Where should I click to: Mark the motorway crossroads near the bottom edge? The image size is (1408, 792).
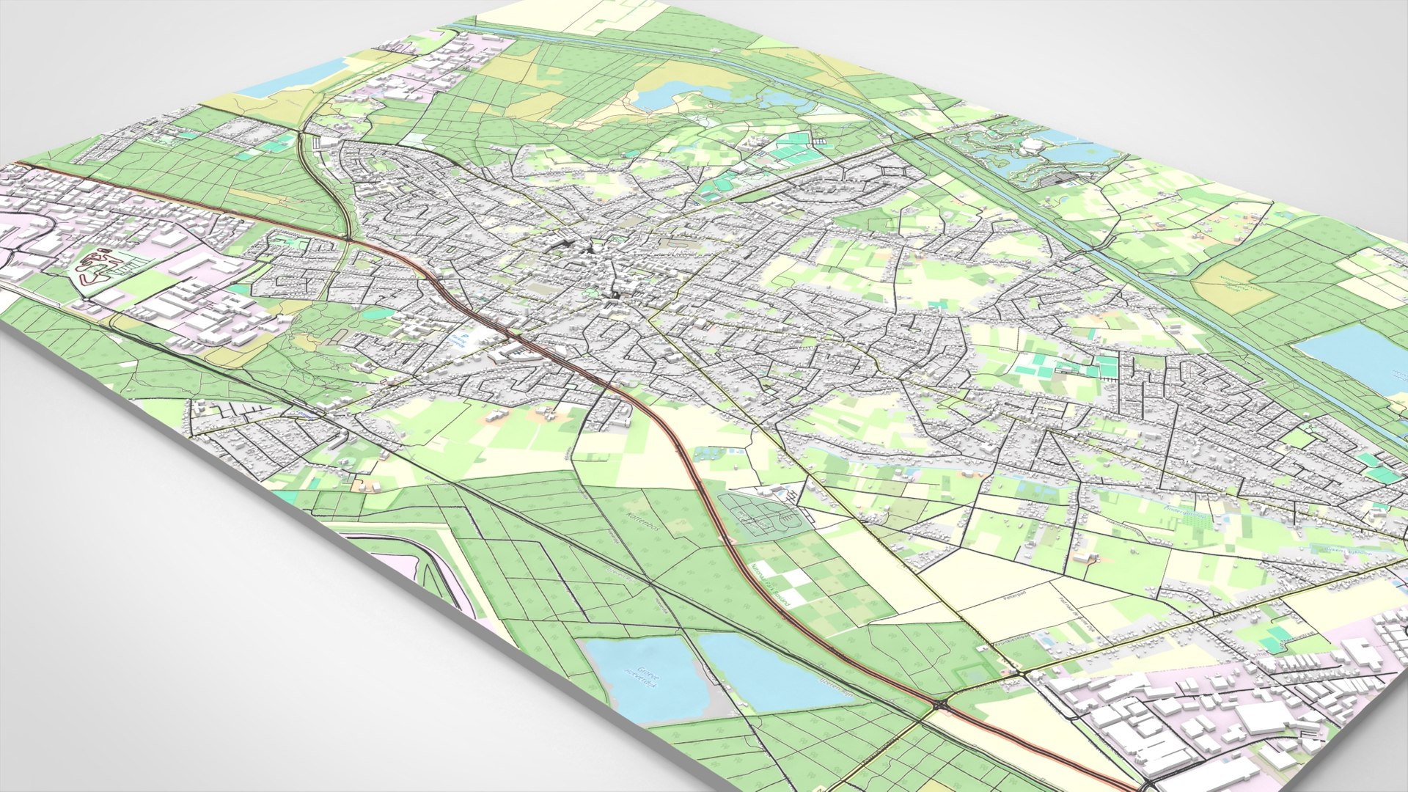pyautogui.click(x=941, y=705)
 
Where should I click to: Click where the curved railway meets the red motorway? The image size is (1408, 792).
pyautogui.click(x=351, y=237)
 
